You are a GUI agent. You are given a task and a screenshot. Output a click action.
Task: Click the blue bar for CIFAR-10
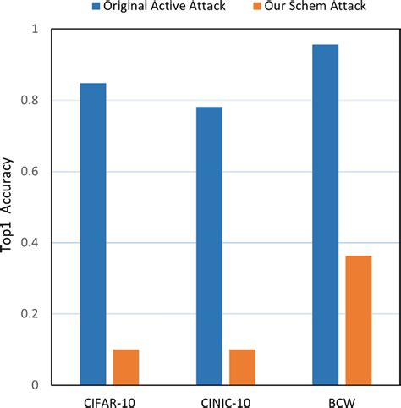93,234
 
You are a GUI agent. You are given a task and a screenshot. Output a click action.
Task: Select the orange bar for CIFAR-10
126,367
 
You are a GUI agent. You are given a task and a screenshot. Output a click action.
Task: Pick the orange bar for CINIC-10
242,367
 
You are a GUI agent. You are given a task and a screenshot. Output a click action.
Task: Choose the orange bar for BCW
358,320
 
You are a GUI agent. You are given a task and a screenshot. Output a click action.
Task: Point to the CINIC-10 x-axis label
224,398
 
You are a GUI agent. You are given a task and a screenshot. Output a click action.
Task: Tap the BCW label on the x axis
341,398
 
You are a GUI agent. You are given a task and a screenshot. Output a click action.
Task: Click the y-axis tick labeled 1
36,30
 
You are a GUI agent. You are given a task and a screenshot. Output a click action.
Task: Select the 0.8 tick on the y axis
30,101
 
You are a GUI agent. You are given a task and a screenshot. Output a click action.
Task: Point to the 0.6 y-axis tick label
30,172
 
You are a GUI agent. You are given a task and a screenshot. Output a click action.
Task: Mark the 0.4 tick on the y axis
30,243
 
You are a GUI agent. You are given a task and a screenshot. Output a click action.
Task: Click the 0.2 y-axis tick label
30,314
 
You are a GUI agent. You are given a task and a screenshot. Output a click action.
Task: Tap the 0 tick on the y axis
36,385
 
